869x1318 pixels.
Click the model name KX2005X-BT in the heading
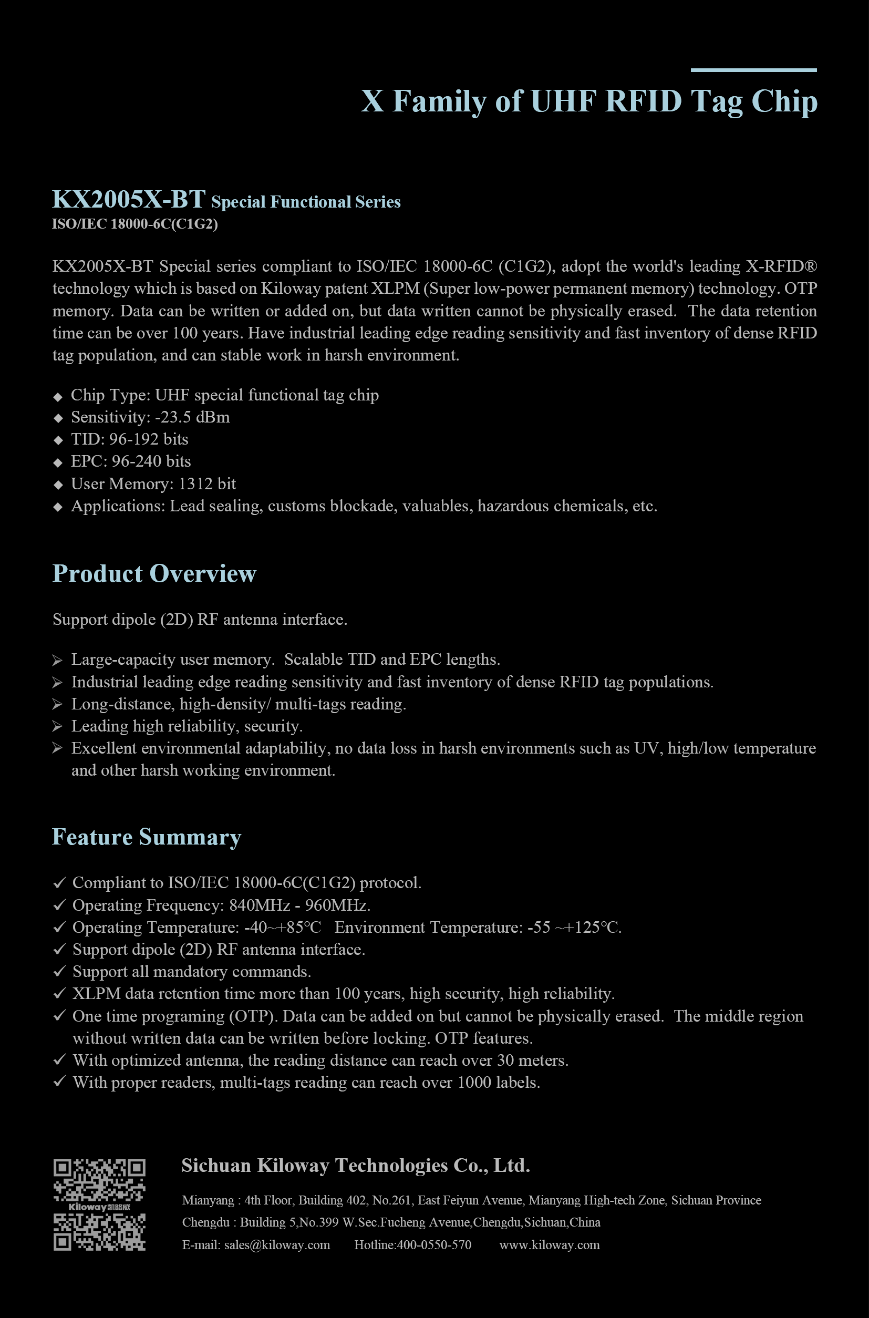(x=129, y=200)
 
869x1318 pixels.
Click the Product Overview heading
(x=154, y=574)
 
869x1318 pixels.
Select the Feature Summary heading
(x=146, y=837)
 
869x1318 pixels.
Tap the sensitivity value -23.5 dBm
(x=192, y=417)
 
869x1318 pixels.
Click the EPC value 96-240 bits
(x=151, y=462)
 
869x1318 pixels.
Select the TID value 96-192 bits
(x=149, y=439)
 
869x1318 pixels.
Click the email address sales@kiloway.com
(x=276, y=1245)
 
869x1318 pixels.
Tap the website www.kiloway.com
(x=549, y=1245)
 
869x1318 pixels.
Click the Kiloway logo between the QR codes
(x=99, y=1207)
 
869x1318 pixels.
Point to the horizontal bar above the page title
(x=753, y=70)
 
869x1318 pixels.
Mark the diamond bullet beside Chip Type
(x=58, y=396)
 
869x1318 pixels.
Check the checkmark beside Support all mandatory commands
(x=59, y=971)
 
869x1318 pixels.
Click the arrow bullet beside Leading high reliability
(x=58, y=726)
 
